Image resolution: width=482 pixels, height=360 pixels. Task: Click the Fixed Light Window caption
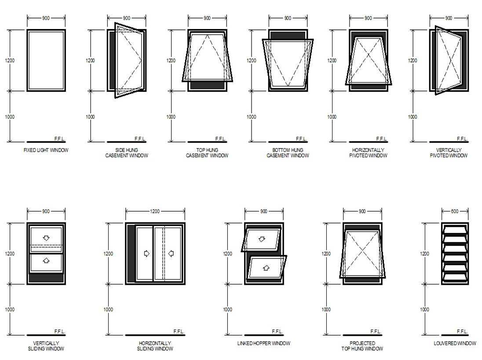46,150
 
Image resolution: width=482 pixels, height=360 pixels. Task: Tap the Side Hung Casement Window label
127,153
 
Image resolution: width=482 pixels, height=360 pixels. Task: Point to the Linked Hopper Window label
263,343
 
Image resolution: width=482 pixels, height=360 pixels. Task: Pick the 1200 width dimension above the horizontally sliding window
155,211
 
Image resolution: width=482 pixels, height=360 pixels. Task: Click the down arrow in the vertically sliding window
46,238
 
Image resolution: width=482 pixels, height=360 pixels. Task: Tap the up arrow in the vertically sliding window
46,260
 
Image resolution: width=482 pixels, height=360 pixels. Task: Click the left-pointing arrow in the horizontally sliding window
171,253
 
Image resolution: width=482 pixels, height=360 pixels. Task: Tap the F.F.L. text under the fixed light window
59,139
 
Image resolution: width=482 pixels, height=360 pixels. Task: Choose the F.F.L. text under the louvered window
462,331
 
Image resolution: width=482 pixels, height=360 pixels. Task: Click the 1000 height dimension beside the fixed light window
10,117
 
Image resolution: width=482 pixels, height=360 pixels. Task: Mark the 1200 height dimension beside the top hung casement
171,61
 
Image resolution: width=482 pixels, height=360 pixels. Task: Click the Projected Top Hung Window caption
362,346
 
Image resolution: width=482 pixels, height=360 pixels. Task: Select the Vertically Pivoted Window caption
449,153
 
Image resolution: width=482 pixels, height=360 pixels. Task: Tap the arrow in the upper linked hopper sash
262,239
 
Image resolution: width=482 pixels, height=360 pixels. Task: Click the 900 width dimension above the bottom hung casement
287,18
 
